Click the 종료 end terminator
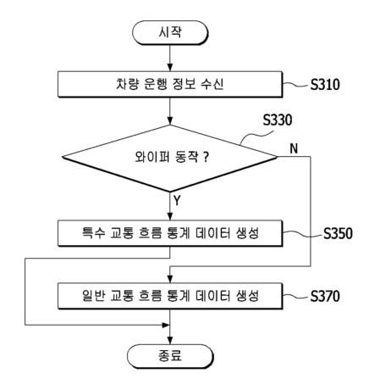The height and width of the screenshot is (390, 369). pyautogui.click(x=171, y=357)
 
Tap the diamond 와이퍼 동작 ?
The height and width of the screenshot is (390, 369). pyautogui.click(x=171, y=156)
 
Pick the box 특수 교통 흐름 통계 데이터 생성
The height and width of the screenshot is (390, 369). pyautogui.click(x=171, y=231)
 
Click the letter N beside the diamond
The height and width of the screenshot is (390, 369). pyautogui.click(x=293, y=148)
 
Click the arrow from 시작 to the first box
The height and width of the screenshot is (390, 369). pyautogui.click(x=171, y=57)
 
